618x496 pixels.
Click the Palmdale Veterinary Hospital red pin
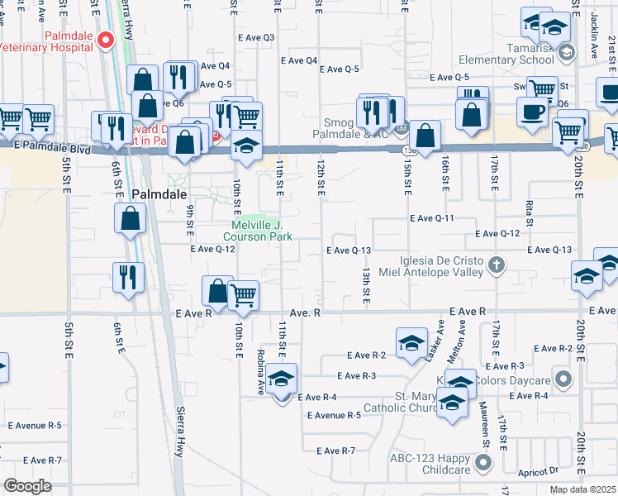(106, 41)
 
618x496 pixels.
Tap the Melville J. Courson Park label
(263, 231)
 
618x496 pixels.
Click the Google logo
(27, 486)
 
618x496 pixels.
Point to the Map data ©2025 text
(582, 489)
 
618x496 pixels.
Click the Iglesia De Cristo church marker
(496, 265)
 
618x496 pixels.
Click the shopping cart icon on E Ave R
(243, 296)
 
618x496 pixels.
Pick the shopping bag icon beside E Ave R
(217, 292)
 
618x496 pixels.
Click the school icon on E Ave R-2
(411, 345)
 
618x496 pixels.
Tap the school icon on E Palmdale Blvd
(246, 146)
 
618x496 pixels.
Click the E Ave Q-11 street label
(432, 218)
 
